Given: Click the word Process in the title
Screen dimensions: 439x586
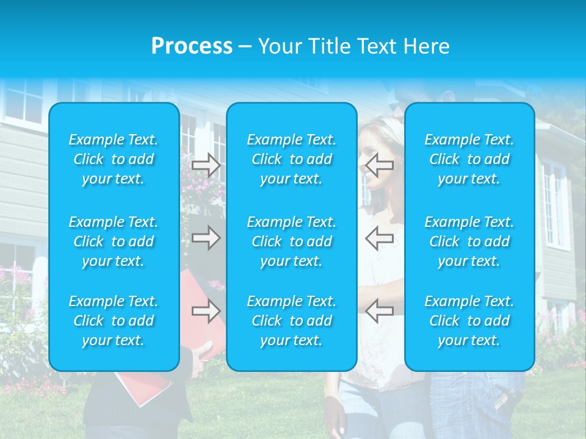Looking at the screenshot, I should coord(192,46).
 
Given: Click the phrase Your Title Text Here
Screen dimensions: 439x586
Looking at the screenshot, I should coord(353,46).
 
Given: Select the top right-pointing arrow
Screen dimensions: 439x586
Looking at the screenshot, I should coord(206,165).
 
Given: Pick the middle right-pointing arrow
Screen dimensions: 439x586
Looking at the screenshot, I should coord(206,238).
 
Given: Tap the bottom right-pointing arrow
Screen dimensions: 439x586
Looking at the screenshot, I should coord(206,311).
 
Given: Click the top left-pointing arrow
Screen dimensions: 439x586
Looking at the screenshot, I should coord(380,165).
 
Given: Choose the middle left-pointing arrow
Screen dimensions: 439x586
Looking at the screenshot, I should coord(380,238).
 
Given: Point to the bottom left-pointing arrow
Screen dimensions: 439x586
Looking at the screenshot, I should coord(380,310).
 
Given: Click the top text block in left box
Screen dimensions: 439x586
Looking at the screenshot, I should coord(114,159).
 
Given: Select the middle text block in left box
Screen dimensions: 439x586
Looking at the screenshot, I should coord(114,241).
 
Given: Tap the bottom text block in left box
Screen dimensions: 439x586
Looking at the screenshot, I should coord(114,321).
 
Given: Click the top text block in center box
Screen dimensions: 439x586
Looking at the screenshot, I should coord(291,159).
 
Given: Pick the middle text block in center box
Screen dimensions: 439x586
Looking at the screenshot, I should coord(291,241).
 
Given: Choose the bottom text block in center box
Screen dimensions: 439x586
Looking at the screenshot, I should coord(291,321).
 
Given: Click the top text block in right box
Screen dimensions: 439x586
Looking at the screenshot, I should coord(469,159).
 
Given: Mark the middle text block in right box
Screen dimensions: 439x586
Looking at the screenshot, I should coord(469,241).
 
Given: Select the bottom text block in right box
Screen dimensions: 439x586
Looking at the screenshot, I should coord(469,321).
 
